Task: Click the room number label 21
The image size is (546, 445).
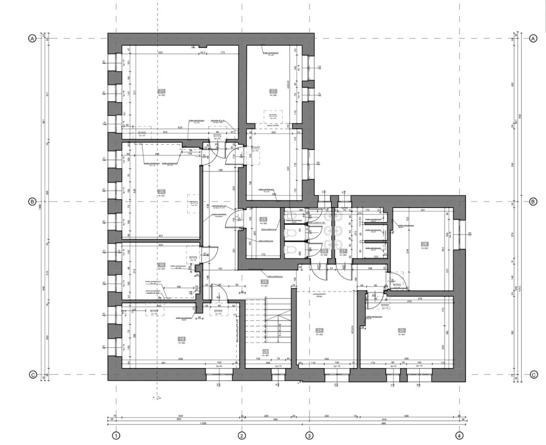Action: pyautogui.click(x=161, y=91)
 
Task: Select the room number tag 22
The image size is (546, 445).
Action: pyautogui.click(x=272, y=91)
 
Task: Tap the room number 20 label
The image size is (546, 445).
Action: pyautogui.click(x=161, y=192)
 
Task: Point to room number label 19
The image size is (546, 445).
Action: pyautogui.click(x=161, y=265)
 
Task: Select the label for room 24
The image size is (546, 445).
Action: pyautogui.click(x=319, y=331)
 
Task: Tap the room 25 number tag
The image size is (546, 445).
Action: pyautogui.click(x=401, y=331)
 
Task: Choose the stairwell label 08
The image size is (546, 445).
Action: pyautogui.click(x=265, y=352)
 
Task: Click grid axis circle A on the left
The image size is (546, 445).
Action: pyautogui.click(x=32, y=39)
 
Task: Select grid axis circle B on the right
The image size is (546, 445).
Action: pyautogui.click(x=532, y=202)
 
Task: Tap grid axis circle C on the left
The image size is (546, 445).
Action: pyautogui.click(x=32, y=374)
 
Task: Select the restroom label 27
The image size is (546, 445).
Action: pyautogui.click(x=343, y=251)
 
